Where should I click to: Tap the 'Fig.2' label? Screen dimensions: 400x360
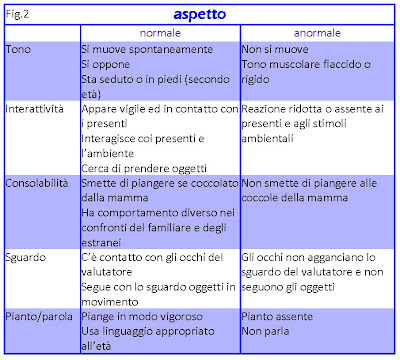click(20, 13)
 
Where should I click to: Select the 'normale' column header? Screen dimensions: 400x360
click(160, 33)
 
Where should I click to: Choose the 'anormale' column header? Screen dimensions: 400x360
click(320, 33)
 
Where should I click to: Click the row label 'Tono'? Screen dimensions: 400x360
click(18, 49)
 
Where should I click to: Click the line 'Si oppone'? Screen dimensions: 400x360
click(107, 62)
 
